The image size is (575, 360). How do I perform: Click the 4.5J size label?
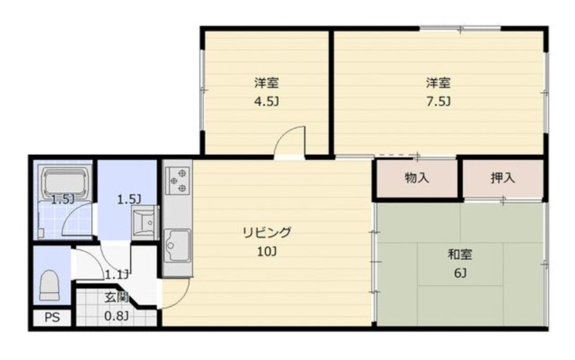(x=267, y=101)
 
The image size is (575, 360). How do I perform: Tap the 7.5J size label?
(x=438, y=101)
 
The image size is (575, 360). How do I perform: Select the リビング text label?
(x=267, y=232)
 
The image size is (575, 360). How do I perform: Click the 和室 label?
(x=460, y=254)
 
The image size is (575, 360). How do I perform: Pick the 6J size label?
(x=460, y=273)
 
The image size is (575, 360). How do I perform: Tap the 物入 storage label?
(x=417, y=178)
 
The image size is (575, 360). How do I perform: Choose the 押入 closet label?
(x=503, y=178)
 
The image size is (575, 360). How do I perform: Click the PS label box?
(x=52, y=317)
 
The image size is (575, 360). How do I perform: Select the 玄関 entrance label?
(x=117, y=297)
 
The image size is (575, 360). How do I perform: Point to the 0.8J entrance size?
(x=117, y=316)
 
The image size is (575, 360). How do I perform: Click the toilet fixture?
(x=49, y=286)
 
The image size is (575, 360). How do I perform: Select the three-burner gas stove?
(x=178, y=181)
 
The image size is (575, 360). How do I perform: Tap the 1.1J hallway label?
(x=117, y=274)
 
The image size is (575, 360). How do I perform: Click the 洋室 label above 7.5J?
(x=438, y=83)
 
